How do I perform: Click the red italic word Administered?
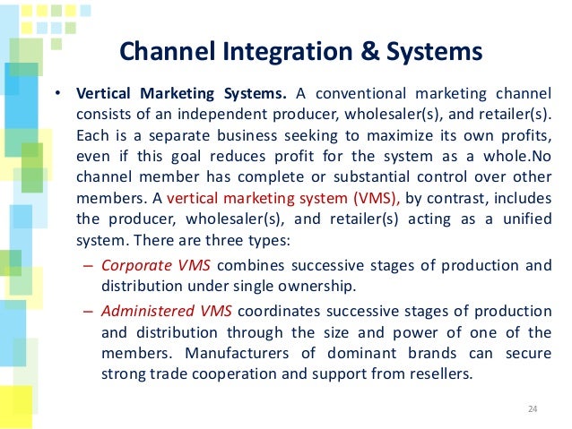pyautogui.click(x=142, y=311)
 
